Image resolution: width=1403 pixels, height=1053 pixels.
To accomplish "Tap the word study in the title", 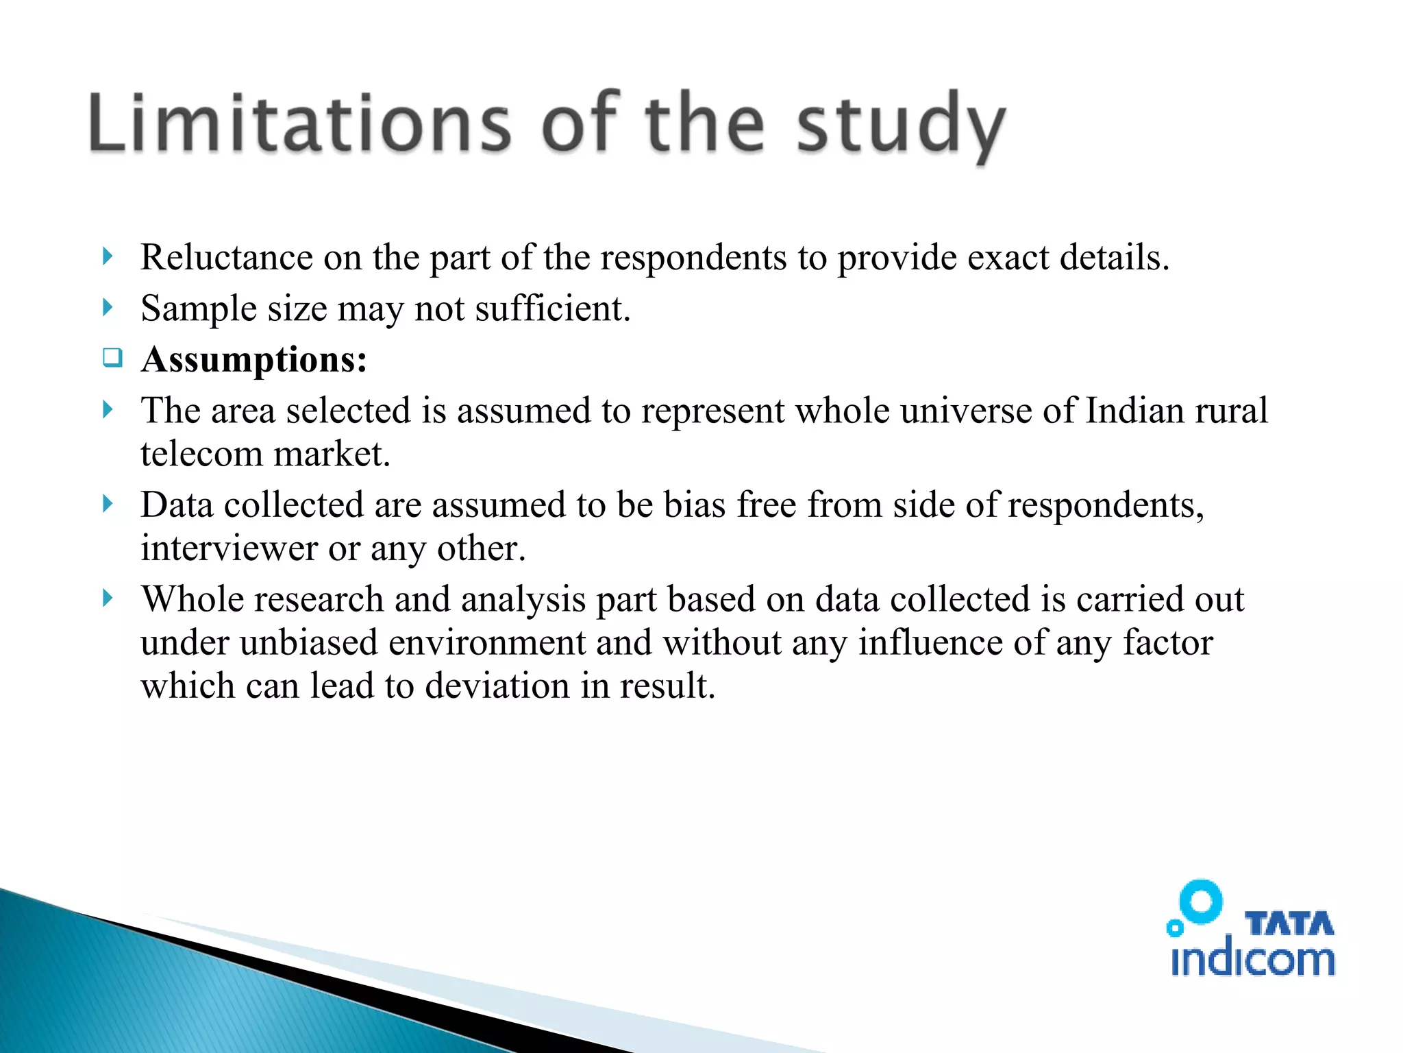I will pos(900,127).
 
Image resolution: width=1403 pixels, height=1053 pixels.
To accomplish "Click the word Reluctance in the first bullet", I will pos(227,258).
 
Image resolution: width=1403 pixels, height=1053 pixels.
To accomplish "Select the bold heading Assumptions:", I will pos(254,359).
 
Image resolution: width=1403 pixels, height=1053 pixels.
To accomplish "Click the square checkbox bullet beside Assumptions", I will pos(112,357).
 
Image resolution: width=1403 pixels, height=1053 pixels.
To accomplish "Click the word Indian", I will pos(1134,411).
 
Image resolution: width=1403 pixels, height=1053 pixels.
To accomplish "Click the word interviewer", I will pos(229,548).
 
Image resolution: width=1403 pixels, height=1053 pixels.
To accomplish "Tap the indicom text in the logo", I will pos(1252,959).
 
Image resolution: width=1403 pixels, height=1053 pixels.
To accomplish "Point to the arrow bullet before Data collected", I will pos(107,505).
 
